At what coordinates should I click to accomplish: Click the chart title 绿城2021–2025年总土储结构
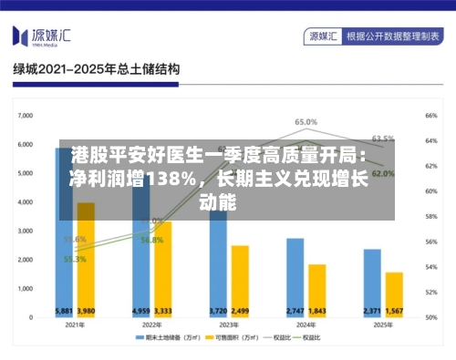tap(95, 69)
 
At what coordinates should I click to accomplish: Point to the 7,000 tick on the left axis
tap(25, 116)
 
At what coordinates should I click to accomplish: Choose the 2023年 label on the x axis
tap(228, 324)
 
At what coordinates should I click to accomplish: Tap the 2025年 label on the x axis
tap(383, 324)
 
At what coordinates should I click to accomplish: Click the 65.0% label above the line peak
tap(306, 121)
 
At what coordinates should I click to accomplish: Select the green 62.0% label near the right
tap(383, 173)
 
